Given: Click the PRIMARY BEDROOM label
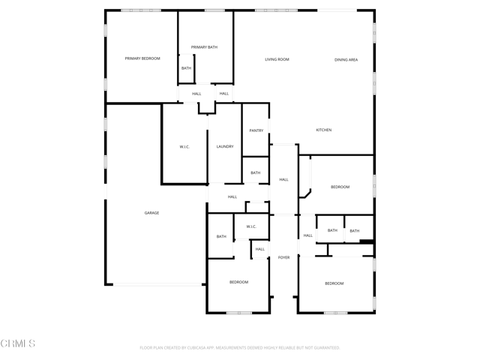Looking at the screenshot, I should point(142,58).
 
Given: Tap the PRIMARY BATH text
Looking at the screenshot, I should point(204,47).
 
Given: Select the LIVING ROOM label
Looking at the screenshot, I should point(277,59).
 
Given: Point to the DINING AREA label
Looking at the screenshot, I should point(346,59).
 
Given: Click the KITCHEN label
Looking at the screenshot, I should point(323,130).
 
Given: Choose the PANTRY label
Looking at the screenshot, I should point(256,130).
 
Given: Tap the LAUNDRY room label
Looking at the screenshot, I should point(225,146).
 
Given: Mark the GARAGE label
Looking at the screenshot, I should point(151,213).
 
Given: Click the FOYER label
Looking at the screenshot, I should point(283,257).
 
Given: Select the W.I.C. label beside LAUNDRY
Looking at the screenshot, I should point(184,146).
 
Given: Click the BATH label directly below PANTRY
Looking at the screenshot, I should point(256,172).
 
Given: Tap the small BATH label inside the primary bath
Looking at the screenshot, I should point(186,68).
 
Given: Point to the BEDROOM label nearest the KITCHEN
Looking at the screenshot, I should point(340,187).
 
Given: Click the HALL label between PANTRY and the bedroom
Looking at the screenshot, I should point(283,179).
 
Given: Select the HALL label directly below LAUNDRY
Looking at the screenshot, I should point(232,196).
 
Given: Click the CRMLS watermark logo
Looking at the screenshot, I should point(18,343).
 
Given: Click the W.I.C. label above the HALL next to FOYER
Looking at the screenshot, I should point(250,226).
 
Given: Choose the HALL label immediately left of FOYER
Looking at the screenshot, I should point(259,249).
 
